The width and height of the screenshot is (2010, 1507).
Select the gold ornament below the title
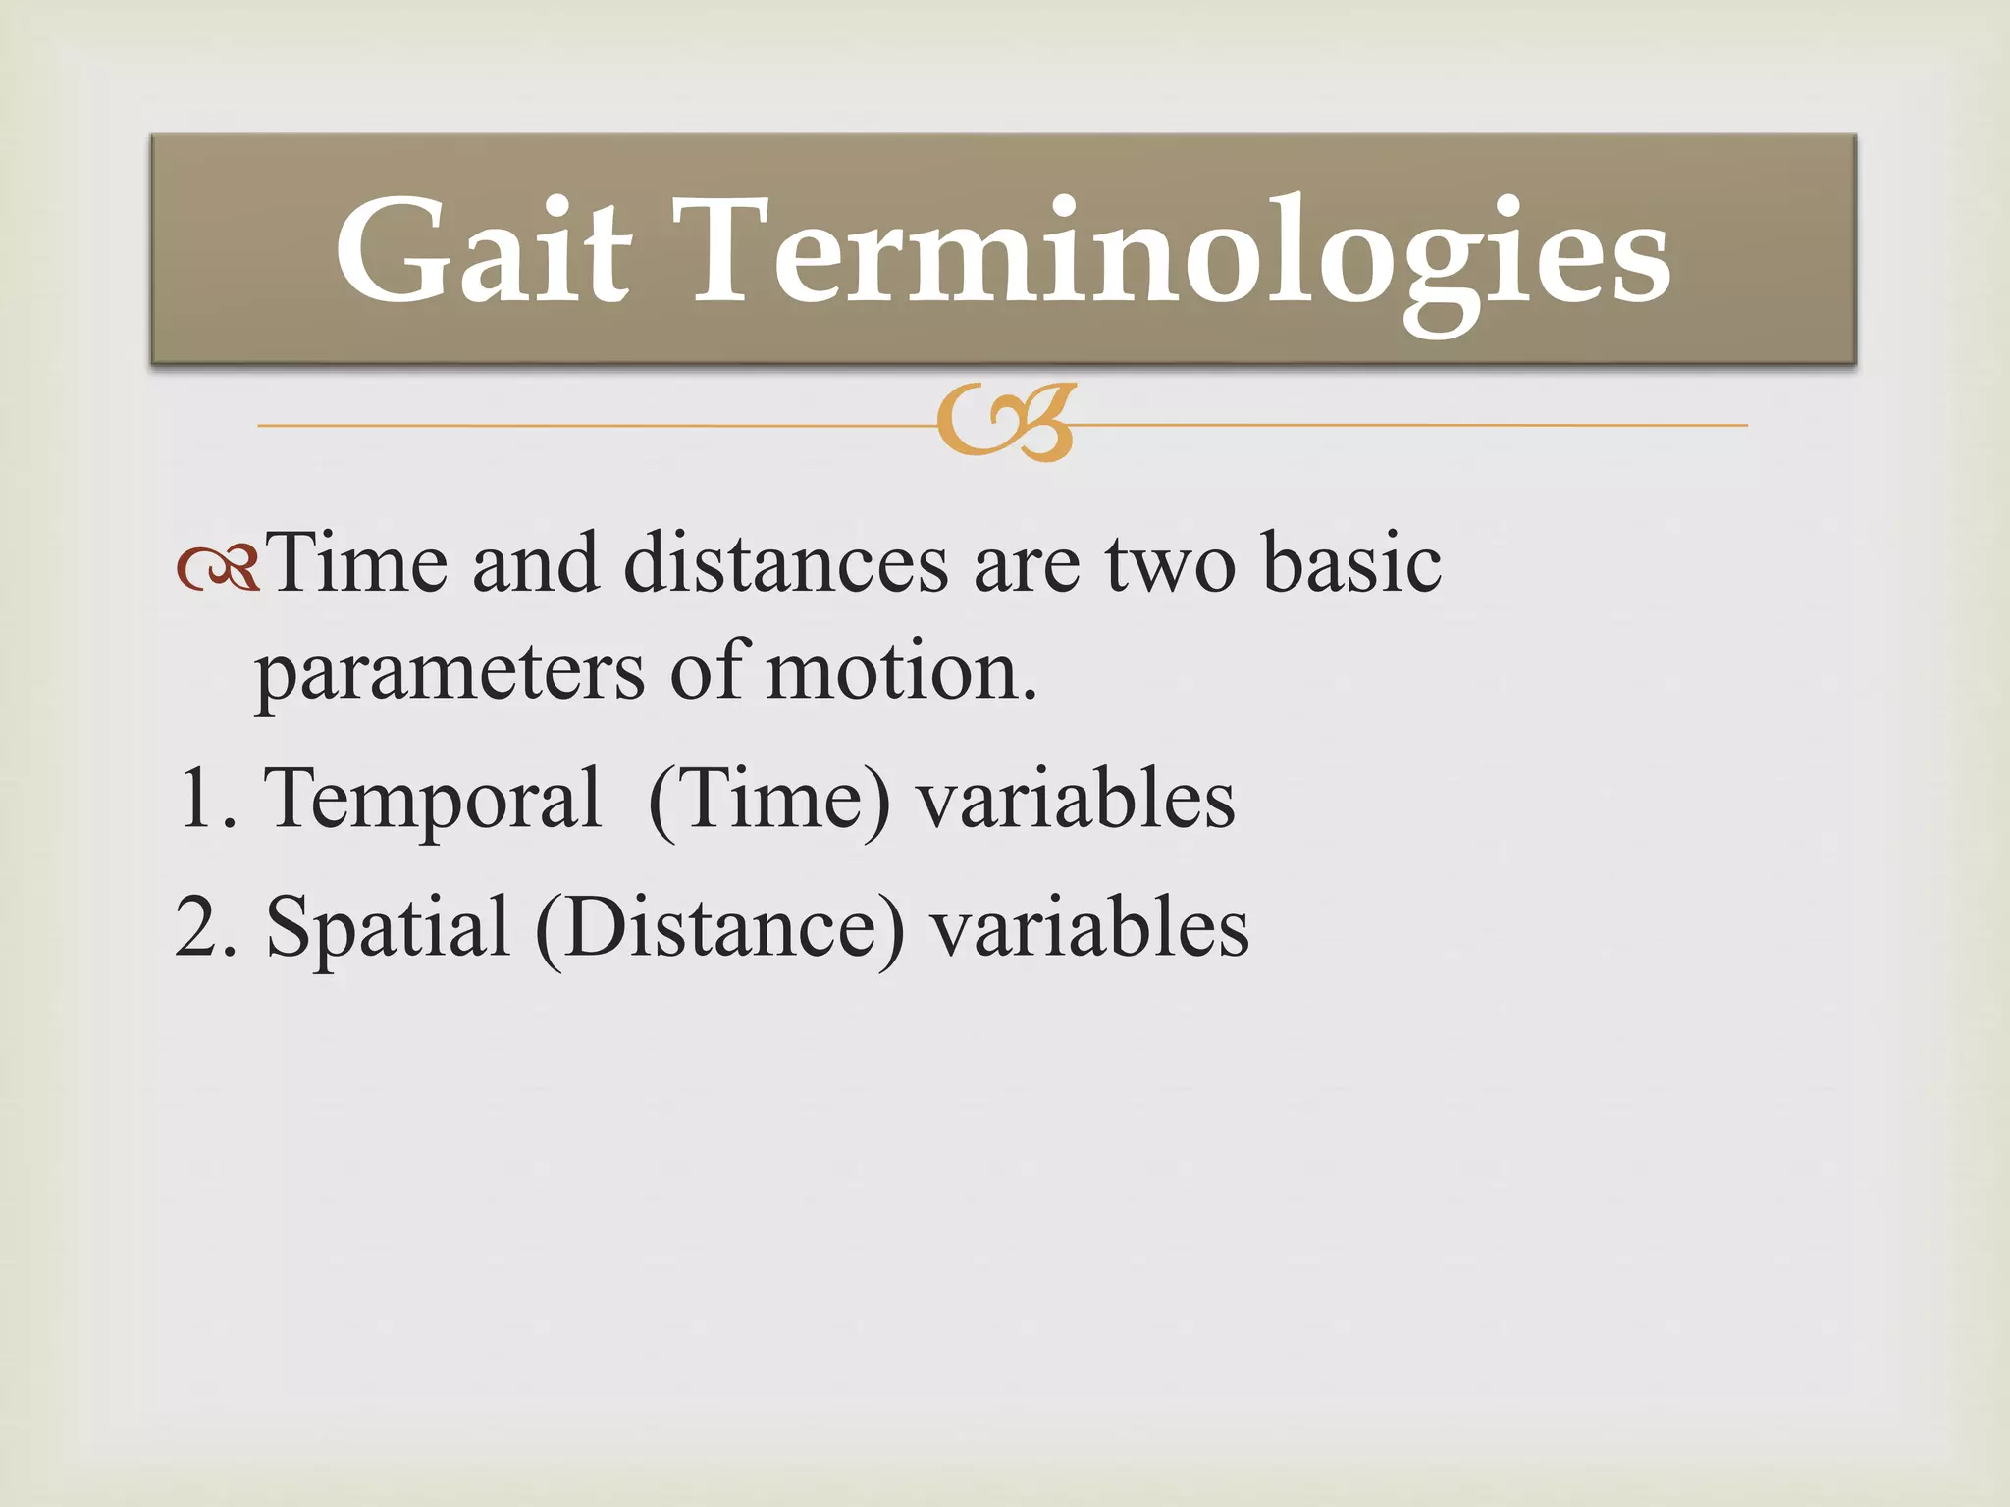[1006, 423]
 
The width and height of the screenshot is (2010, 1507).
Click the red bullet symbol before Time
[218, 567]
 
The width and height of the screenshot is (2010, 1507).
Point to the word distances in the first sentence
[785, 564]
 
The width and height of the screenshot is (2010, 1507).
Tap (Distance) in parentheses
[719, 930]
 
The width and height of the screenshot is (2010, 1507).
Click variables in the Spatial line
[1089, 927]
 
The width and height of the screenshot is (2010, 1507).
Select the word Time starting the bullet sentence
[357, 564]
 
